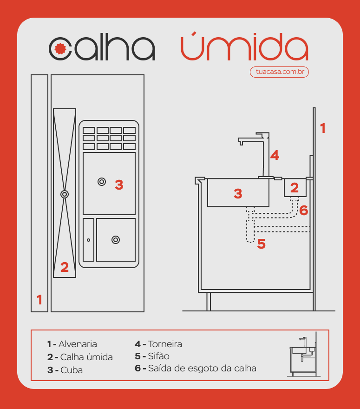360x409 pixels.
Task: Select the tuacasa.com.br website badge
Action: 279,72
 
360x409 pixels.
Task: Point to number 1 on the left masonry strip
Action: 39,300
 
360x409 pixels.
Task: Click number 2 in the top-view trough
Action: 65,267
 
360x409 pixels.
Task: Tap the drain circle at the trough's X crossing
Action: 65,194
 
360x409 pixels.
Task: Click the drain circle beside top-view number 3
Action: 101,182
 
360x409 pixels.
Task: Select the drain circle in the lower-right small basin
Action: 115,239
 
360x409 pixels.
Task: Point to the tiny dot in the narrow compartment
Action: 88,240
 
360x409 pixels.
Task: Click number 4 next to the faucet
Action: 275,155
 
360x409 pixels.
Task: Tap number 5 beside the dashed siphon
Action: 262,244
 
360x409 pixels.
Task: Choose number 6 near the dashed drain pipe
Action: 303,211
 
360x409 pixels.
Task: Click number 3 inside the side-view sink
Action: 238,194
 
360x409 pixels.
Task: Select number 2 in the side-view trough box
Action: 295,188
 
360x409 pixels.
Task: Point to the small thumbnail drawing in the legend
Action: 303,355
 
